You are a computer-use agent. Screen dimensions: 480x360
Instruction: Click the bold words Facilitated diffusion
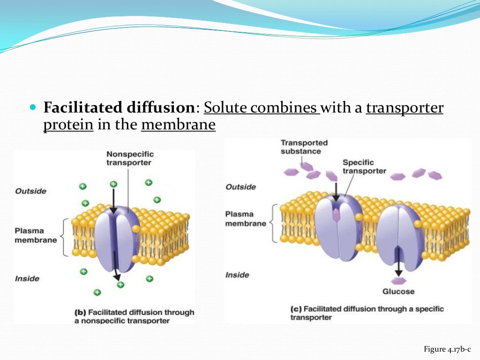[x=119, y=108]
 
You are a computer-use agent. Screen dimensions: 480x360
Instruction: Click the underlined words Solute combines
[x=261, y=108]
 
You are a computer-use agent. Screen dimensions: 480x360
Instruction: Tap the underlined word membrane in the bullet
[x=178, y=125]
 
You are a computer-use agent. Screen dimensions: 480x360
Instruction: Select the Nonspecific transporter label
[x=130, y=158]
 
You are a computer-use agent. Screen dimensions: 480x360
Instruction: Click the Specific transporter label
[x=364, y=166]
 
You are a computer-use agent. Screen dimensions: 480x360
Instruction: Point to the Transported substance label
[x=304, y=147]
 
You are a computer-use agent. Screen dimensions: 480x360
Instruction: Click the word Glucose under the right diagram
[x=398, y=292]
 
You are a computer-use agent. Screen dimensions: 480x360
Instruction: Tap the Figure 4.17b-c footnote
[x=447, y=349]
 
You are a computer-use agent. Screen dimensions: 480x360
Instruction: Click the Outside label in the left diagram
[x=30, y=191]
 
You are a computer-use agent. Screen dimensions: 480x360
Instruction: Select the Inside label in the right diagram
[x=237, y=275]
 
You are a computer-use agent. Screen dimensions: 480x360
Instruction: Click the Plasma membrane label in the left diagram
[x=36, y=235]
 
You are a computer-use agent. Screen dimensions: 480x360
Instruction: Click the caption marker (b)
[x=80, y=312]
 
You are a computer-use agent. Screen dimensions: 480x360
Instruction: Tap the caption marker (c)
[x=296, y=309]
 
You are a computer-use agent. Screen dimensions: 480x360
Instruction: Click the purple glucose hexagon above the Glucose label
[x=398, y=281]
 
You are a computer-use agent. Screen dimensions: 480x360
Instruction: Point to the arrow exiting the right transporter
[x=398, y=265]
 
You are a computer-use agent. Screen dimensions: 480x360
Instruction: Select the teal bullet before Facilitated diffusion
[x=32, y=108]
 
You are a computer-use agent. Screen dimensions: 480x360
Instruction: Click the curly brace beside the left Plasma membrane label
[x=64, y=236]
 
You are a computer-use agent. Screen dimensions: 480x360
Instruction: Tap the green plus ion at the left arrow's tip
[x=120, y=285]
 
